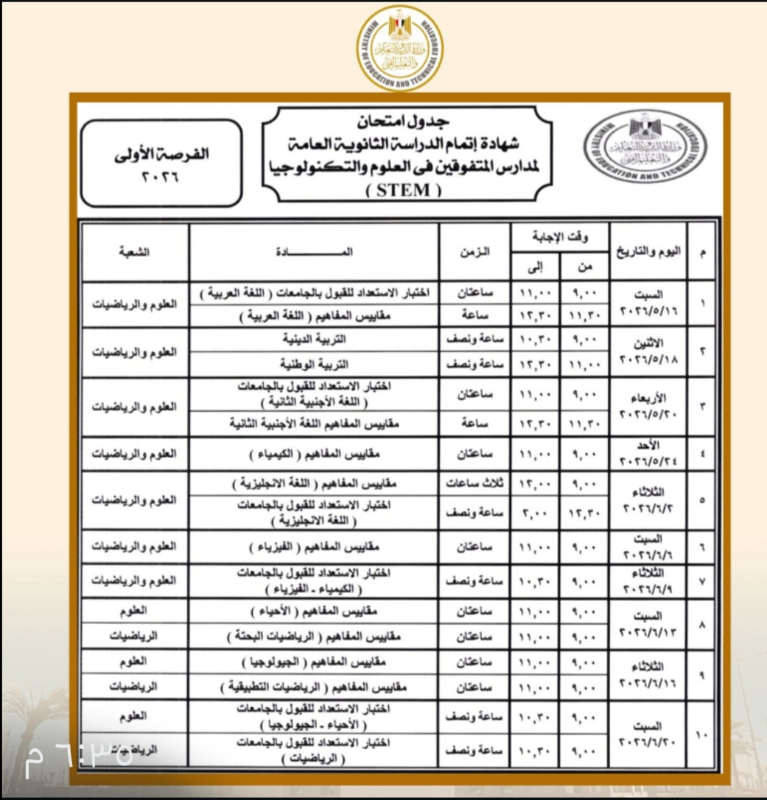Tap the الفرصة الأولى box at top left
[x=162, y=164]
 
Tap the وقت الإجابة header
[x=561, y=237]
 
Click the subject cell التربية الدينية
[x=315, y=341]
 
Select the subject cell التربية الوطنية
[x=315, y=365]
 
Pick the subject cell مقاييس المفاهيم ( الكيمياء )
[x=315, y=454]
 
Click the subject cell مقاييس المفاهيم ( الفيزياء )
[x=315, y=547]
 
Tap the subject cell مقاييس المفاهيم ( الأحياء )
[x=315, y=611]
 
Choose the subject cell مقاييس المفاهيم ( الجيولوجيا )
[x=315, y=662]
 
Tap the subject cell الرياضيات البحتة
[x=315, y=636]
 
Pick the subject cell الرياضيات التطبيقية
[x=315, y=687]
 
